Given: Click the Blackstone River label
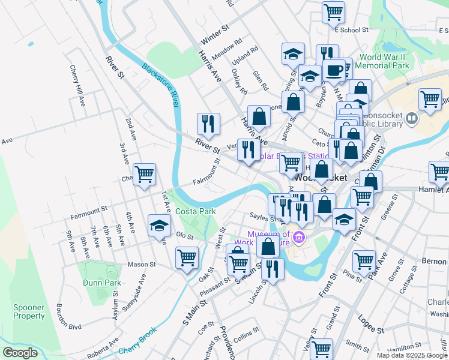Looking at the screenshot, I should [161, 85].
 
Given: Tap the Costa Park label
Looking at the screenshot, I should [195, 212].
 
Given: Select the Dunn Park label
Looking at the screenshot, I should [101, 283].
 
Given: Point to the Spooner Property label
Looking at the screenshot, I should [29, 311].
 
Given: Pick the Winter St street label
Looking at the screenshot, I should [215, 36].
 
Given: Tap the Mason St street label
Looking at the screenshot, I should [141, 264].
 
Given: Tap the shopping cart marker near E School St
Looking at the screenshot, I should [333, 12].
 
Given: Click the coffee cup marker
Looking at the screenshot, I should [334, 70].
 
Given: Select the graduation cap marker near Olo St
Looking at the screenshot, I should [158, 226].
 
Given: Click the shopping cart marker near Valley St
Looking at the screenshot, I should [322, 348].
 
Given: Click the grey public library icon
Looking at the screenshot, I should [412, 118].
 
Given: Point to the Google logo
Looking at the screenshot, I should [20, 353].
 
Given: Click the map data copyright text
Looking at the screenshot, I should [412, 355].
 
